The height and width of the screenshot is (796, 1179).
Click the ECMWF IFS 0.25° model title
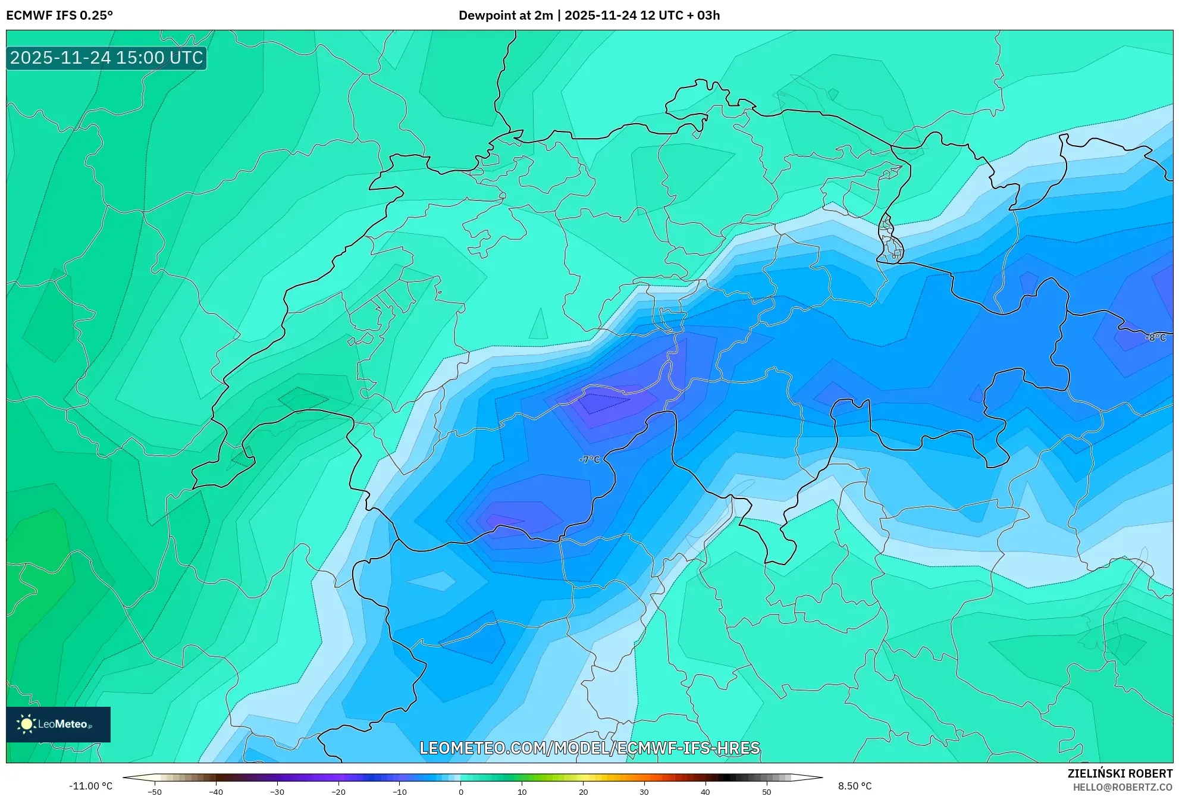[x=59, y=15]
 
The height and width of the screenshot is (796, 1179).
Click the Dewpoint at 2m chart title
[x=589, y=15]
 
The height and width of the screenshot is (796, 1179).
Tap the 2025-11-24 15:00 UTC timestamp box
[x=106, y=58]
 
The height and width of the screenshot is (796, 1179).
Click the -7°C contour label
[x=589, y=459]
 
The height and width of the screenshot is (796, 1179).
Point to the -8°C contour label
[x=1155, y=337]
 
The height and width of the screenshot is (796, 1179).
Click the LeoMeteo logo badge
[x=58, y=724]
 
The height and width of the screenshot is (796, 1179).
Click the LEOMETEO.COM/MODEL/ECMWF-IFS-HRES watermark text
[x=589, y=748]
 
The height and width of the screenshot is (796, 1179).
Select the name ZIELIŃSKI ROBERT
[x=1120, y=773]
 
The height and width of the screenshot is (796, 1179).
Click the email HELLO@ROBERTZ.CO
[x=1122, y=787]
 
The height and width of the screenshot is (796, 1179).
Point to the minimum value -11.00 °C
[x=90, y=786]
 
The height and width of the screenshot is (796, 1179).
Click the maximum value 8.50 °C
[x=855, y=786]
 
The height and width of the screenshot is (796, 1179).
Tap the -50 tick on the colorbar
[x=155, y=792]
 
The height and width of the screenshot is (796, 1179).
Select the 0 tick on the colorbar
[x=461, y=792]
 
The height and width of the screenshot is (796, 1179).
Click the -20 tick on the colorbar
[x=338, y=792]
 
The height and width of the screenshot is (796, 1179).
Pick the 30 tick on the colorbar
[x=644, y=792]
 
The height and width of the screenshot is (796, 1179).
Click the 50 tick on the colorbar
[x=767, y=792]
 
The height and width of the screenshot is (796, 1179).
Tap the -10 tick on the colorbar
[x=400, y=792]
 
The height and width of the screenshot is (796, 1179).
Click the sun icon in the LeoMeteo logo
[x=26, y=724]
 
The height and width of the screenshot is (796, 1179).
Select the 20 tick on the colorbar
[x=583, y=792]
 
